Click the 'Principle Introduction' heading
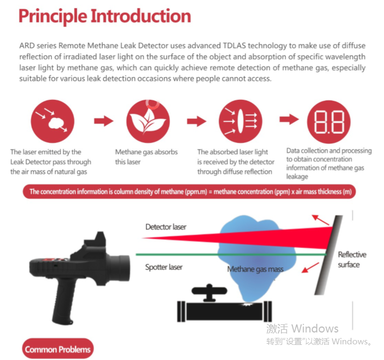tap(105, 16)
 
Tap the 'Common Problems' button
tap(58, 349)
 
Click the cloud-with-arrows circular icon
tap(52, 121)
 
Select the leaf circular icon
tap(148, 121)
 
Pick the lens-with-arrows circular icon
tap(241, 121)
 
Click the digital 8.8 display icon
tap(328, 122)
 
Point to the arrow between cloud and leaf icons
tap(104, 121)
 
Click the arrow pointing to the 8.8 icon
tap(289, 119)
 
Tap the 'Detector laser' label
tap(166, 227)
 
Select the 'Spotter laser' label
tap(164, 267)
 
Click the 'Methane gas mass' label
tap(256, 269)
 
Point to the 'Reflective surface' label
tap(352, 260)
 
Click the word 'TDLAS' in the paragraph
tap(234, 45)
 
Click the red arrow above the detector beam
tap(320, 220)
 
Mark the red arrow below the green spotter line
tap(310, 268)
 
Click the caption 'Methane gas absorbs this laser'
tap(147, 157)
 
